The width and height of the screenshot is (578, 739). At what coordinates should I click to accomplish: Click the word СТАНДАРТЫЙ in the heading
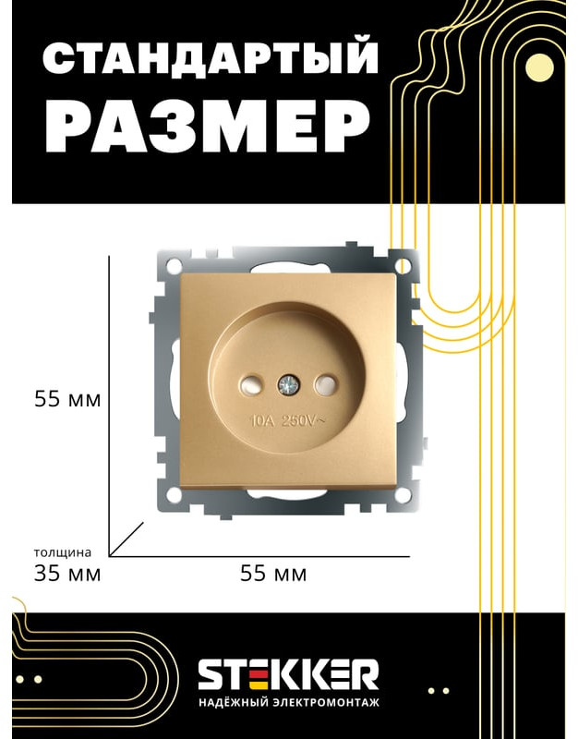210,57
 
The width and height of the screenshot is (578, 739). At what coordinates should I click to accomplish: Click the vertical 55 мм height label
67,400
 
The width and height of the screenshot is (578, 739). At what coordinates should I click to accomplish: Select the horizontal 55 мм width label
273,574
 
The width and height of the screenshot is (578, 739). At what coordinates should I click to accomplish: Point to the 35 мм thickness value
67,574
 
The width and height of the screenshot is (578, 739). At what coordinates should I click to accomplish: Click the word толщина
63,552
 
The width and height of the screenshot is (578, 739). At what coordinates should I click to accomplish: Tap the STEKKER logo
288,674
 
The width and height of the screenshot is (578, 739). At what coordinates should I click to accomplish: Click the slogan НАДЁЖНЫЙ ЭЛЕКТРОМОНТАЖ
288,703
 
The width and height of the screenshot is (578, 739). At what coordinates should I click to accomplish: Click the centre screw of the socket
289,385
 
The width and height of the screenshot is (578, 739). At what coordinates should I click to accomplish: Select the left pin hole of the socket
251,385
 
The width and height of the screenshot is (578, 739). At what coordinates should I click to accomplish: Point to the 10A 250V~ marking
288,421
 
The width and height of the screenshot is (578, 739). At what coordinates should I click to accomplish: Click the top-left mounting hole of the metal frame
174,264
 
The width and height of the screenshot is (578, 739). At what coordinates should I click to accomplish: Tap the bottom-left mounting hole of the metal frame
174,494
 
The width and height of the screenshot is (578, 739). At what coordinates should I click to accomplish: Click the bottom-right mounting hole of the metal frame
403,495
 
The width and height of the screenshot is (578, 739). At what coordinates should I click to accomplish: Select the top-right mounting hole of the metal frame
403,265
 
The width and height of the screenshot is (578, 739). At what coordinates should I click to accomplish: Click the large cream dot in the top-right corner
539,67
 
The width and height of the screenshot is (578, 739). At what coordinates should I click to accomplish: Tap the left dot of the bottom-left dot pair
19,679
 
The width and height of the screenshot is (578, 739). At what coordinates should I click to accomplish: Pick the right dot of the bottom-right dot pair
446,691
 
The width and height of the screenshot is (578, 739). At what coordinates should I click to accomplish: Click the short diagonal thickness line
126,539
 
